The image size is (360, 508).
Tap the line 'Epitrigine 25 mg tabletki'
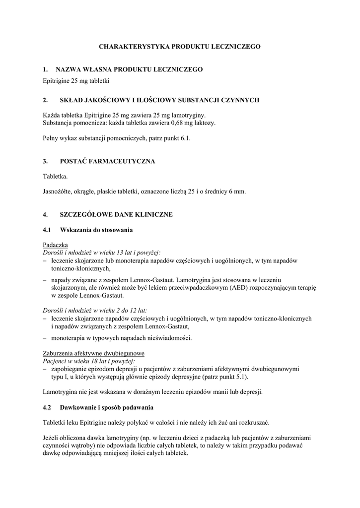[x=76, y=80]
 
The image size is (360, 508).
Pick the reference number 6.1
[x=186, y=139]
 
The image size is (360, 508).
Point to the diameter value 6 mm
[x=238, y=191]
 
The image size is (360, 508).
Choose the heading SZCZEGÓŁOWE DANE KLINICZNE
[x=116, y=214]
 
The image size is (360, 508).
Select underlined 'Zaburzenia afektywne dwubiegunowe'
[x=94, y=353]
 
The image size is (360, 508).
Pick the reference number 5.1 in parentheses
[x=242, y=377]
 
